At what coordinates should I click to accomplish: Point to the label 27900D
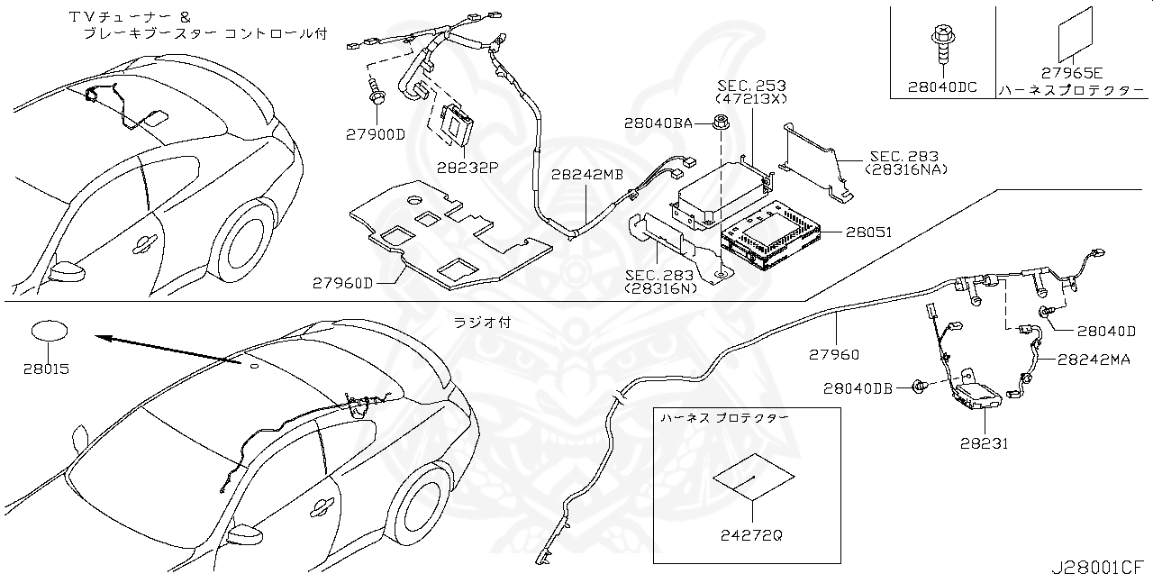(376, 134)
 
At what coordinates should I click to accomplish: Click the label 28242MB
(586, 176)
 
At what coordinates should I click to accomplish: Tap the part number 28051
(868, 232)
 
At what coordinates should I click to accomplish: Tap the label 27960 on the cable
(833, 355)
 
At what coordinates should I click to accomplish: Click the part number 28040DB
(858, 388)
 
